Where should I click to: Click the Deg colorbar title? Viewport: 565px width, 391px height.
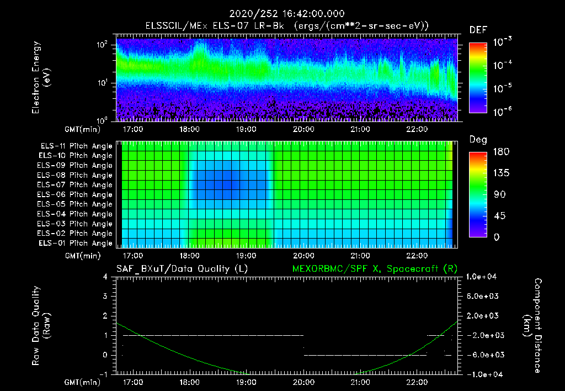coord(478,139)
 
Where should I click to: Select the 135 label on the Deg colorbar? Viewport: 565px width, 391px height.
coord(498,173)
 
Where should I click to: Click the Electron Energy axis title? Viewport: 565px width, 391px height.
coord(41,78)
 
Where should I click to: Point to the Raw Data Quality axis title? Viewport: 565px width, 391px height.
coord(41,326)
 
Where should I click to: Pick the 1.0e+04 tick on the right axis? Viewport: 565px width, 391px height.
coord(482,276)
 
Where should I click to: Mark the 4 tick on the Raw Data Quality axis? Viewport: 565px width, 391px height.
coord(106,276)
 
